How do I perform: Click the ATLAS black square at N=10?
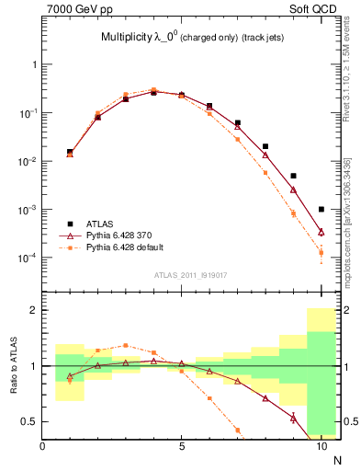(x=321, y=210)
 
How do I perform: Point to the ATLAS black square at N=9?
(x=293, y=176)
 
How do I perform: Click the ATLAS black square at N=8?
(x=265, y=146)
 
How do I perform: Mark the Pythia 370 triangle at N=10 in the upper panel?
(x=321, y=232)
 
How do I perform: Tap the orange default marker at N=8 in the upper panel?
(x=265, y=172)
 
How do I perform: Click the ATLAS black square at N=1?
(x=70, y=152)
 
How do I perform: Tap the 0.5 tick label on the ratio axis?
(x=28, y=421)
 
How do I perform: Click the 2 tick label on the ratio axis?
(x=33, y=310)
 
